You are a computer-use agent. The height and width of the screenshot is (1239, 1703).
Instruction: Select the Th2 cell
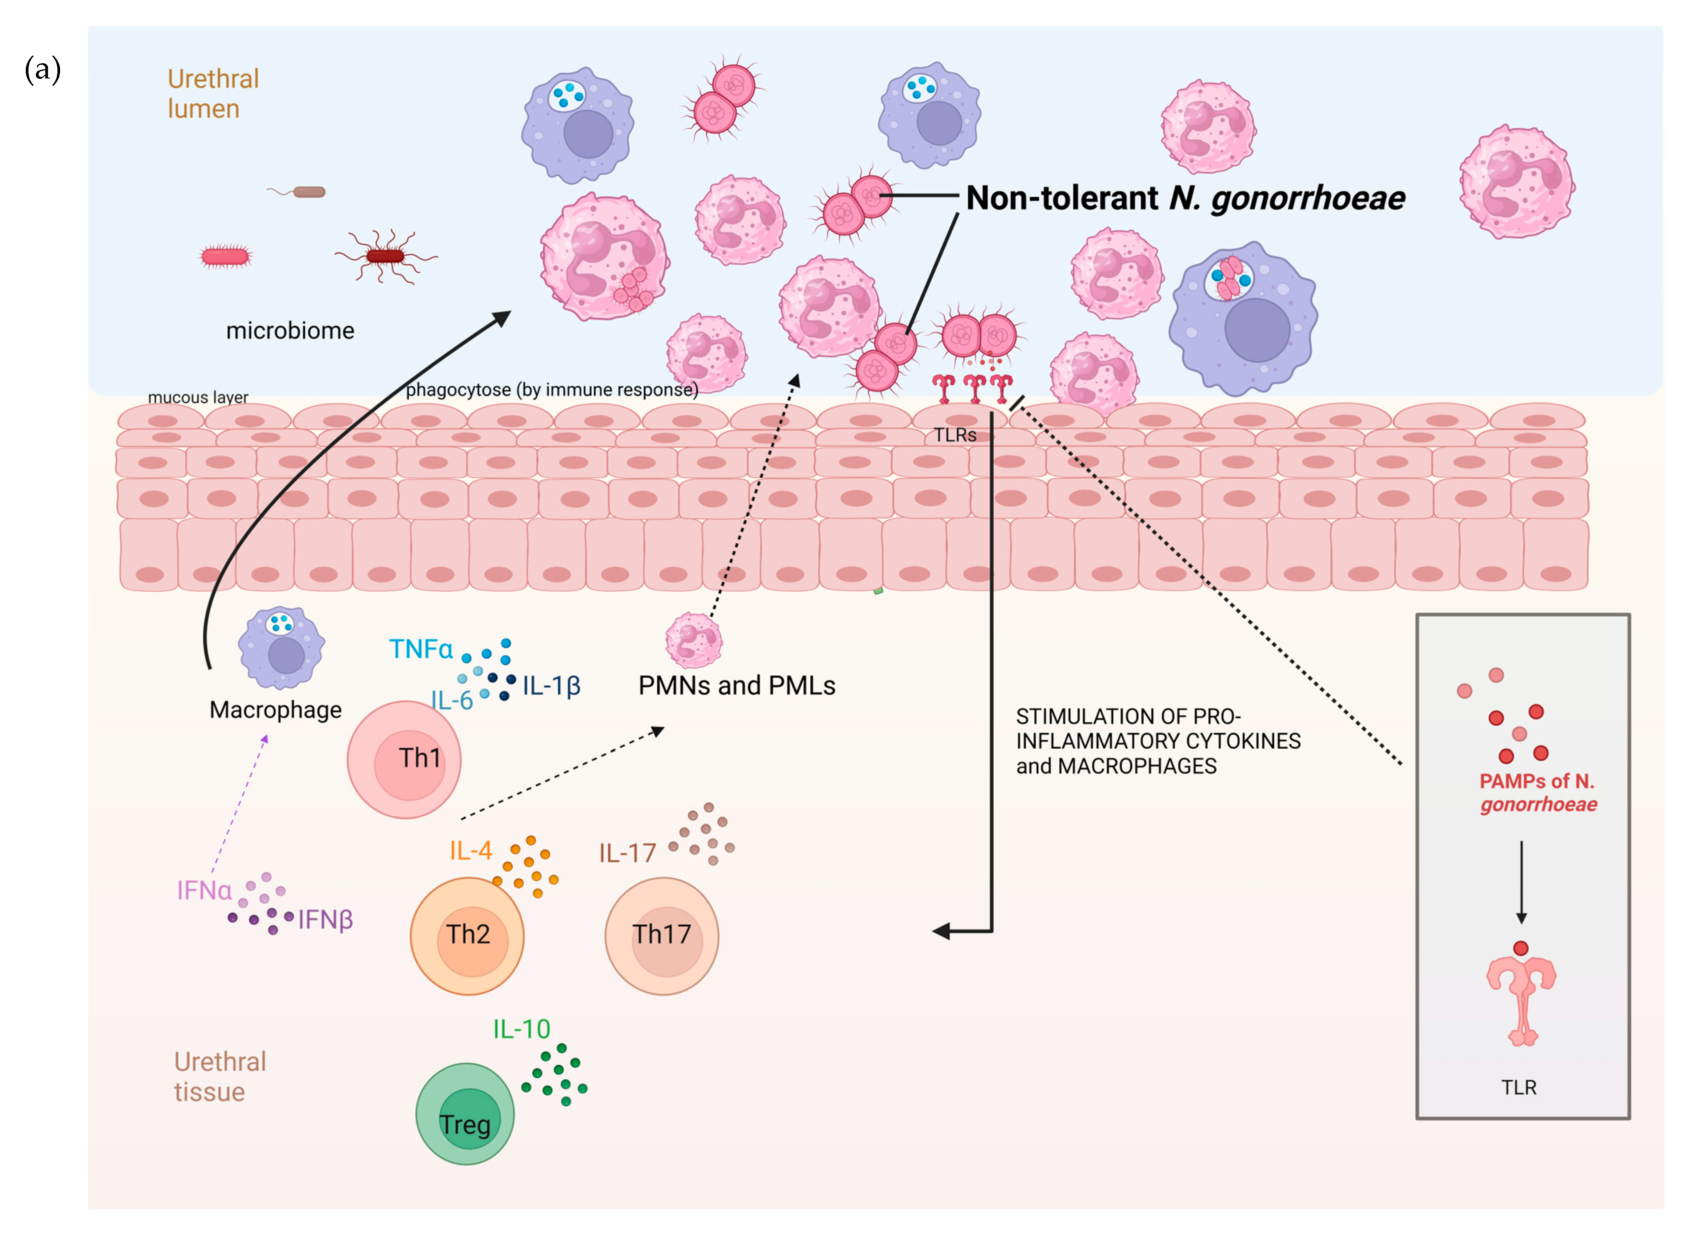(467, 936)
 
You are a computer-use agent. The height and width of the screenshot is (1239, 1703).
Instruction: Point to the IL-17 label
(627, 853)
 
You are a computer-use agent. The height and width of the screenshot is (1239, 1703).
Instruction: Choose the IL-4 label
(471, 851)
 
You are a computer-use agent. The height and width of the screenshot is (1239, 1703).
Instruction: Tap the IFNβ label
(325, 920)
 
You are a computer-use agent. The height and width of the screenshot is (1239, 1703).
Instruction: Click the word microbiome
(290, 330)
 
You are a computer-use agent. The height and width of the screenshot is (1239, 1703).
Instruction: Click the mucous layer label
(198, 397)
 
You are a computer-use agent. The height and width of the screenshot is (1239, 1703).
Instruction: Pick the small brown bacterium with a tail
(308, 192)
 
